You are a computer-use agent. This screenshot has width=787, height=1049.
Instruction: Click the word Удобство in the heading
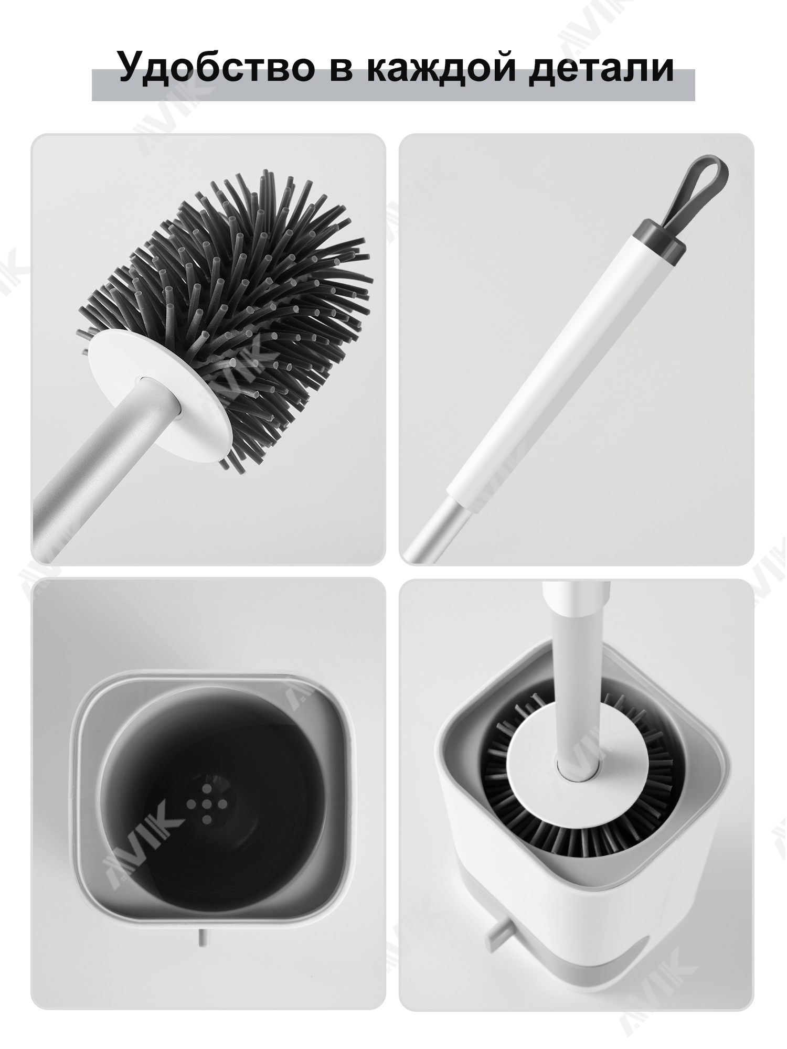216,68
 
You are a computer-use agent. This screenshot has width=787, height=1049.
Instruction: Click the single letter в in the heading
341,71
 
